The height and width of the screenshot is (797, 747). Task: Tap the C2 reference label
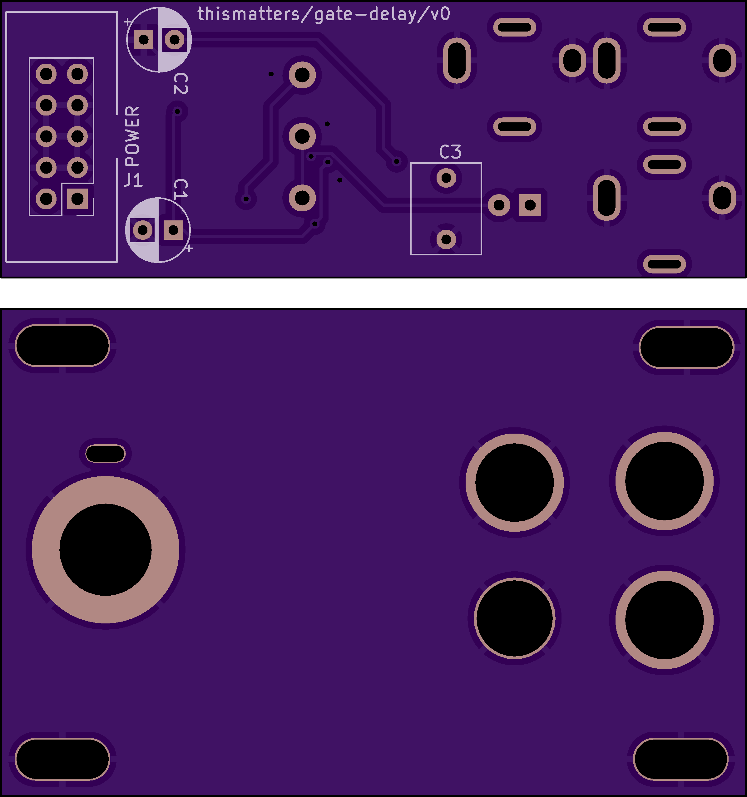coord(181,84)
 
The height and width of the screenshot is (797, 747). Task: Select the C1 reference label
coord(181,189)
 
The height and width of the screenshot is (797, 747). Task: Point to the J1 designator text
coord(133,180)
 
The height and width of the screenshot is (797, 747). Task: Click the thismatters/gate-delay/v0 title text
coord(324,14)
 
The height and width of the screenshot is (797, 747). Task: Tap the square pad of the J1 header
coord(77,199)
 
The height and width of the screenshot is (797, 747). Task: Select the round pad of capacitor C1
coord(143,230)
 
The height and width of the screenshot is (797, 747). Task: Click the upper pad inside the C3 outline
coord(446,178)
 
